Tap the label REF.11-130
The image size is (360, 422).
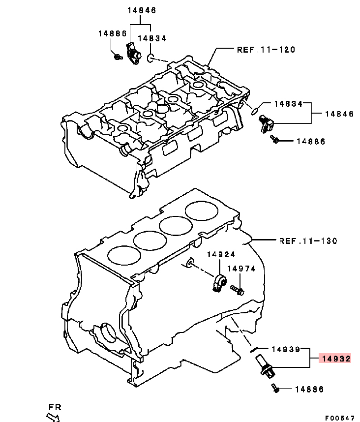tap(308, 241)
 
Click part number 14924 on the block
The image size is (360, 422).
tap(221, 254)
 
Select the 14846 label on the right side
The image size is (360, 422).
tap(339, 114)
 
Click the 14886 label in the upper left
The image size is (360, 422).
tap(112, 33)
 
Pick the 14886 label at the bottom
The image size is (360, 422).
tap(309, 389)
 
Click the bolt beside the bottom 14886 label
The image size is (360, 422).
tap(275, 390)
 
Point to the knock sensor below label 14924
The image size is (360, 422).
tap(220, 283)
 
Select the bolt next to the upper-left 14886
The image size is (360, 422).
tap(118, 57)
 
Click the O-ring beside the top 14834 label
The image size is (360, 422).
tap(150, 60)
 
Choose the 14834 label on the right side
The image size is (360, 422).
tap(289, 104)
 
